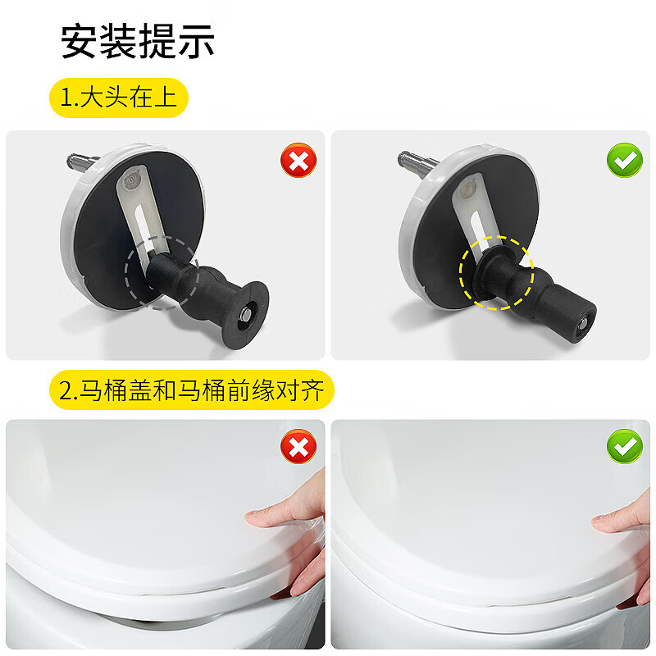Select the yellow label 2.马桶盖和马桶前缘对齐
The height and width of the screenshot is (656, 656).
(193, 390)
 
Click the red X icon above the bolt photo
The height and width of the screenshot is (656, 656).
(298, 161)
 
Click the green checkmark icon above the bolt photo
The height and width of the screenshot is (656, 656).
(624, 161)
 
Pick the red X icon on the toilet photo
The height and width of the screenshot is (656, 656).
(298, 448)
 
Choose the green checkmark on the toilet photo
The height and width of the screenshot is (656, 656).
(624, 448)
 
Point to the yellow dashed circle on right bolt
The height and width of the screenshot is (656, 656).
(496, 274)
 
